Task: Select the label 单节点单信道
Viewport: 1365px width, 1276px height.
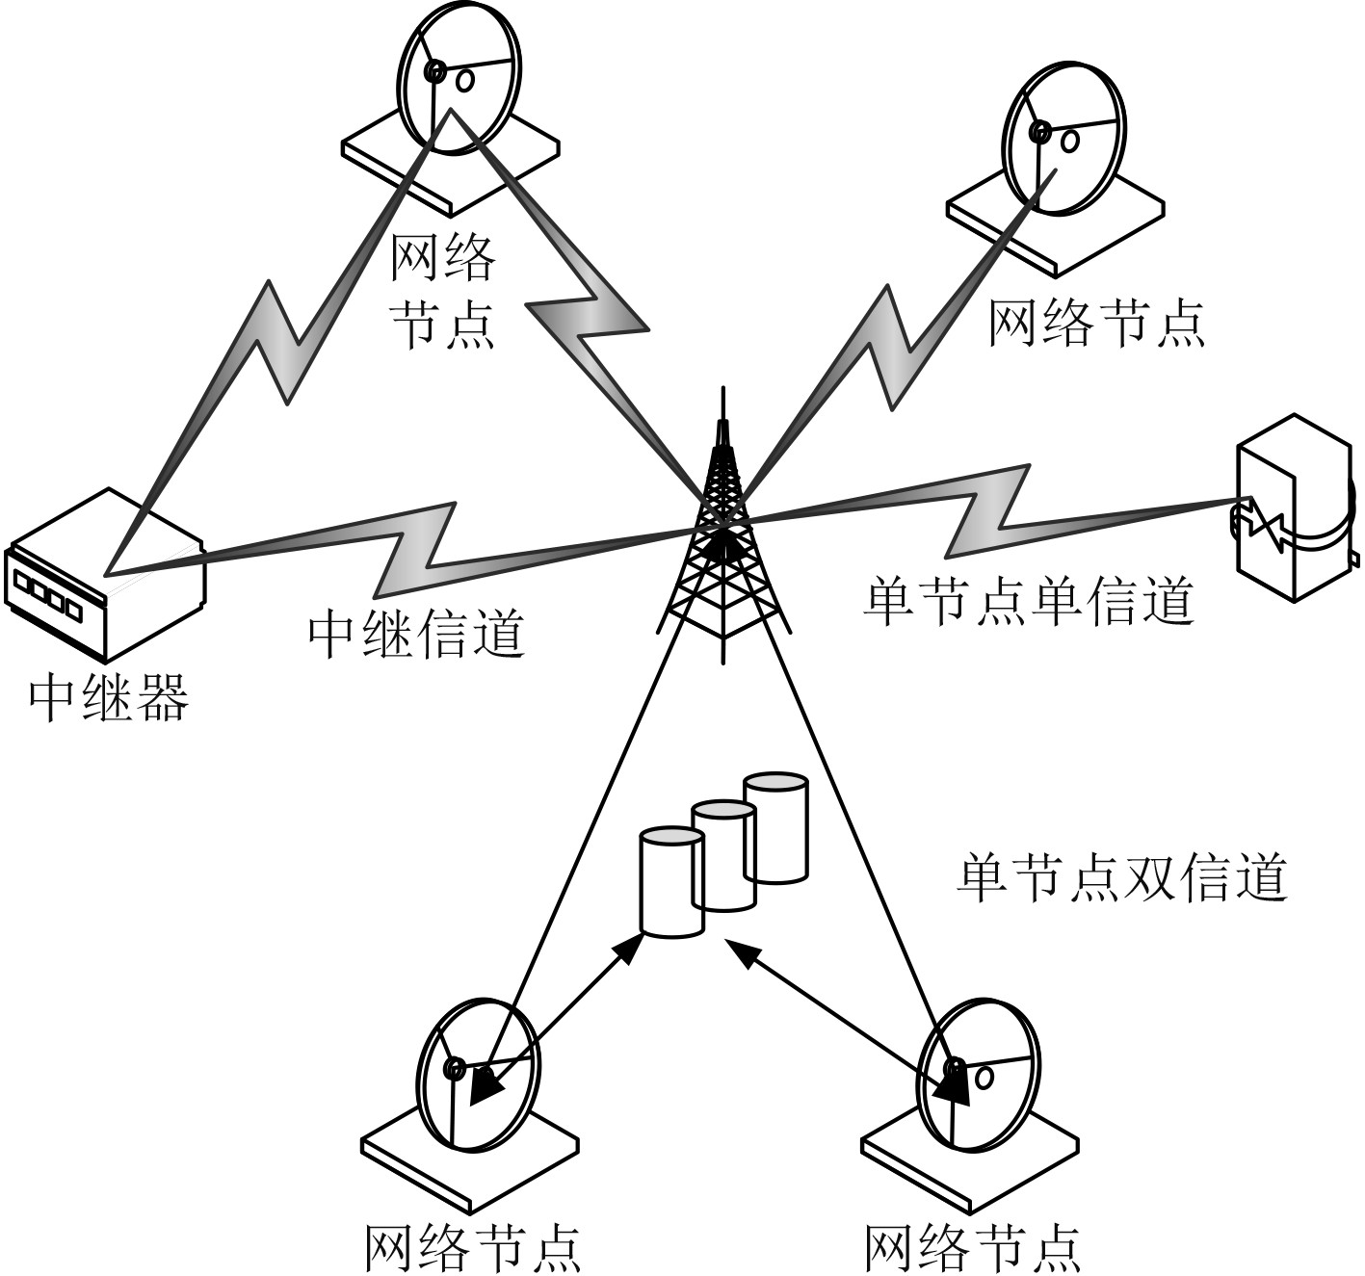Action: coord(1028,601)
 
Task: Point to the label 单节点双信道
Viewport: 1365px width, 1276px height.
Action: coord(1121,876)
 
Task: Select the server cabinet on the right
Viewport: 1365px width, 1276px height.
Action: coord(1294,506)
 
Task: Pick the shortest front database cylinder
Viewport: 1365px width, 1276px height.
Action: coord(671,881)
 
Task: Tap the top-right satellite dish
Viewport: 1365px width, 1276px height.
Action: coord(1062,140)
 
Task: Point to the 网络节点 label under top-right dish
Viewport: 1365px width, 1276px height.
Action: coord(1096,323)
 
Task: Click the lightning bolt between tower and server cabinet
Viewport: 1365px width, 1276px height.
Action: coord(992,510)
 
